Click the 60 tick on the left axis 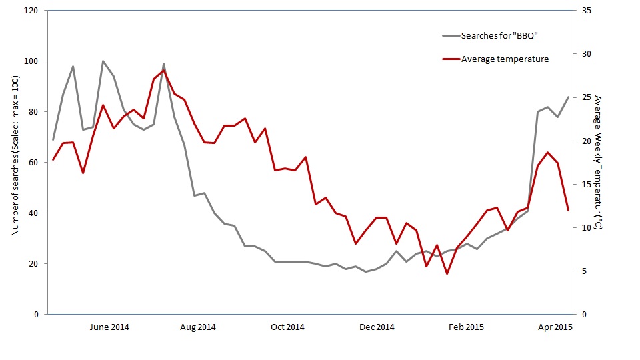pos(35,163)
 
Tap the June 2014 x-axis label pos(109,327)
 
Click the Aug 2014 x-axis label pos(198,327)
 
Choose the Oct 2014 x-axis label pos(287,327)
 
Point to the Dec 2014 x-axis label pos(377,327)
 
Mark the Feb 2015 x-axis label pos(466,327)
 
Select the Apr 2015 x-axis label pos(555,327)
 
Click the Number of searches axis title pos(15,161)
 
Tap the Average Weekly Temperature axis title pos(598,163)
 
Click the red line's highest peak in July pos(164,71)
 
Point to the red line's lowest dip pos(447,273)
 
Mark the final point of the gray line pos(568,97)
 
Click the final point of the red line pos(568,210)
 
